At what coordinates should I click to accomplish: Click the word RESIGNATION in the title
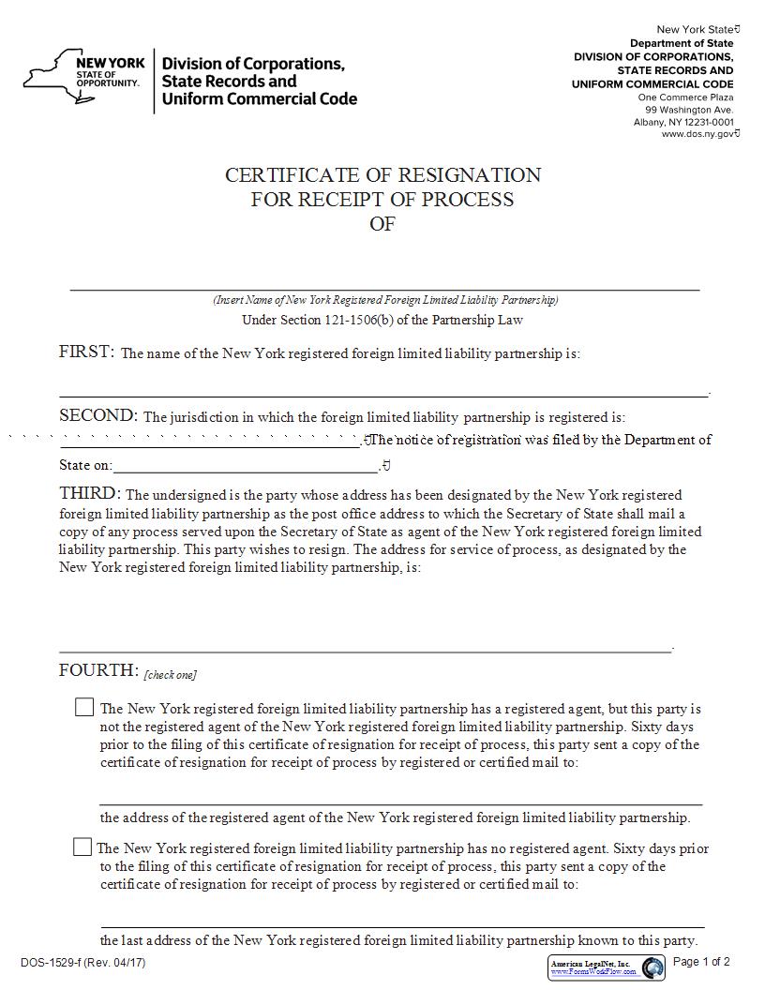tap(470, 175)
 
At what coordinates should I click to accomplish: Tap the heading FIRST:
tap(86, 352)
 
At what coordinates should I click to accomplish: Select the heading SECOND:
tap(98, 416)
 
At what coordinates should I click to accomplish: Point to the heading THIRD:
tap(90, 493)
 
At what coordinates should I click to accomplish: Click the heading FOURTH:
tap(98, 670)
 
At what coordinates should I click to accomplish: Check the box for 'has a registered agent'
tap(84, 708)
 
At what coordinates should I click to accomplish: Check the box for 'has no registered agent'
tap(82, 847)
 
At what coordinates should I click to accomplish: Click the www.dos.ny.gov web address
tap(698, 134)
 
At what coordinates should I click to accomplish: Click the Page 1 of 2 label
tap(701, 962)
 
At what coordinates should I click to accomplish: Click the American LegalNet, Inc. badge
tap(606, 967)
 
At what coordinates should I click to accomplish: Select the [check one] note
tap(170, 675)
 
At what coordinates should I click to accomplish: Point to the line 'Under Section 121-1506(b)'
tap(382, 320)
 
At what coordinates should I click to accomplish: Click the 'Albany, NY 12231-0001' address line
tap(683, 122)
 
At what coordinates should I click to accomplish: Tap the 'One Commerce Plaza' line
tap(685, 97)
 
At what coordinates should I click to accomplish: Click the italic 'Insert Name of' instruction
tap(385, 300)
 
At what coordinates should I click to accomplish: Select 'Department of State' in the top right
tap(682, 43)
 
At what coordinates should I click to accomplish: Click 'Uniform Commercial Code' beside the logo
tap(260, 98)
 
